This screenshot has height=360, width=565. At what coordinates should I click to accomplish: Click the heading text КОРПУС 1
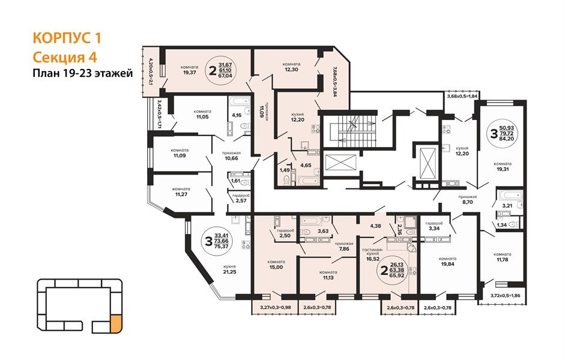click(x=67, y=38)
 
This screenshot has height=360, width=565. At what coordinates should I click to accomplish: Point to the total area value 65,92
click(x=397, y=275)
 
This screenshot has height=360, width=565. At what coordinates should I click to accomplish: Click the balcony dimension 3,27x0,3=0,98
click(x=275, y=308)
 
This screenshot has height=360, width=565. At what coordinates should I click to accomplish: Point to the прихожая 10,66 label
click(x=231, y=156)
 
